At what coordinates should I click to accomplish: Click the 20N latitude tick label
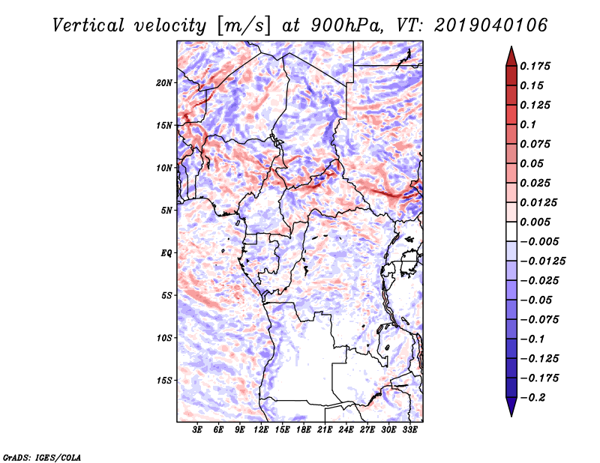[165, 82]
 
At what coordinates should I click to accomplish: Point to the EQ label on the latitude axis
[166, 253]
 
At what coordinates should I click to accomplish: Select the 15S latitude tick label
[165, 381]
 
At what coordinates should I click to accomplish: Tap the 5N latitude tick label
[166, 211]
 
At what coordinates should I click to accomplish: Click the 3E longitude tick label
[198, 431]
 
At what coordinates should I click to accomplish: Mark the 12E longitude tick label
[262, 431]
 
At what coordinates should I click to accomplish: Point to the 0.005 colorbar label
[537, 222]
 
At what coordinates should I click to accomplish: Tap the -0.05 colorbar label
[536, 300]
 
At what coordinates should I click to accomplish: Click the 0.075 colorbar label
[537, 144]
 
